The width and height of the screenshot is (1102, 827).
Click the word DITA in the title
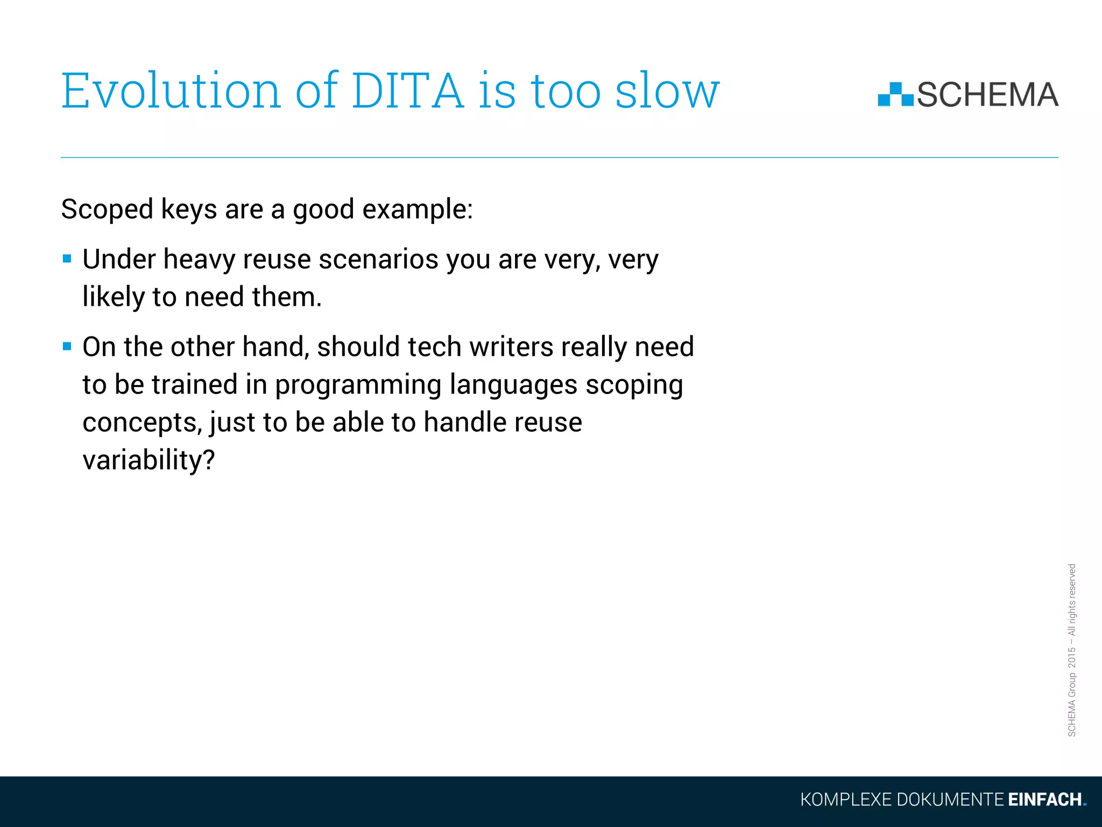(x=407, y=90)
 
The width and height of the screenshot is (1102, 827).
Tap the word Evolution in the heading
(x=171, y=90)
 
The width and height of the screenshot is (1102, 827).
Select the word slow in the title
(x=667, y=90)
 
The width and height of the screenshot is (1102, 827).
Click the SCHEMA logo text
(x=987, y=95)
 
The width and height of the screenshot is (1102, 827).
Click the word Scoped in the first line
(x=107, y=209)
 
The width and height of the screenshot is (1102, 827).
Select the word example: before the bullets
(x=418, y=209)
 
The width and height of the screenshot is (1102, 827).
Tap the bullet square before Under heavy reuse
(x=67, y=259)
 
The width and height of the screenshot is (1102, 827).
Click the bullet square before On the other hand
(x=67, y=346)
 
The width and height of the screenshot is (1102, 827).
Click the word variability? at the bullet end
(x=149, y=460)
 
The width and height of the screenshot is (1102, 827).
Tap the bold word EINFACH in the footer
(x=1044, y=800)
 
